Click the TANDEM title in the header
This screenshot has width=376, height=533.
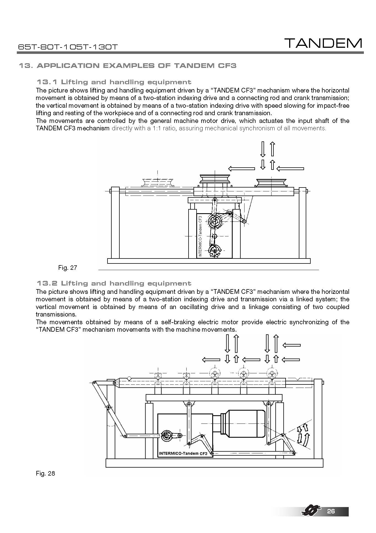[x=323, y=43]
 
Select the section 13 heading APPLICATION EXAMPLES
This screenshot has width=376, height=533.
[x=127, y=66]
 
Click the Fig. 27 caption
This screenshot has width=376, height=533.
[x=68, y=268]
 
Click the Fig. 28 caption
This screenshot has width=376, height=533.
[x=45, y=473]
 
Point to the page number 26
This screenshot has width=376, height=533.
[x=331, y=511]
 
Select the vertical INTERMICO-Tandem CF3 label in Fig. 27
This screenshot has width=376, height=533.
[x=200, y=236]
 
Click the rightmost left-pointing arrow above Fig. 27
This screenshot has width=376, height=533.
[x=290, y=168]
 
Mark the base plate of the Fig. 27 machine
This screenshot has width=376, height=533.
[x=209, y=261]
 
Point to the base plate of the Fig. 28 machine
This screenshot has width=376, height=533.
[x=214, y=463]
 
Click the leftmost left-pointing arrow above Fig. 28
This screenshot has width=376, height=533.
[x=211, y=360]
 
